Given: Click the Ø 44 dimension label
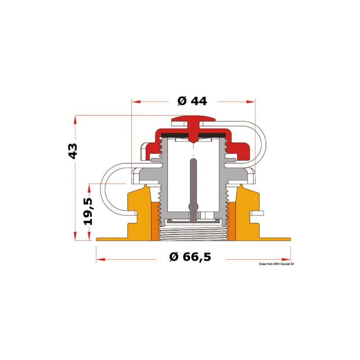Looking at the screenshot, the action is point(192,101).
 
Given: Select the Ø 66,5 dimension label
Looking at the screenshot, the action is point(190,257).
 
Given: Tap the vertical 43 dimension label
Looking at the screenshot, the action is point(73,151).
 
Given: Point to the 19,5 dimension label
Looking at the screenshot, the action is point(88,212).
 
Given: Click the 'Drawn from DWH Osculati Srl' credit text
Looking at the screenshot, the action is point(276,264).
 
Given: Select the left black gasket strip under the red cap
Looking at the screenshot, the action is point(175,135).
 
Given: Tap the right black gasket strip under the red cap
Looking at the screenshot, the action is point(212,135).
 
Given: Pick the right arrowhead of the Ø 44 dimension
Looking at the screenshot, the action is point(251,102).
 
